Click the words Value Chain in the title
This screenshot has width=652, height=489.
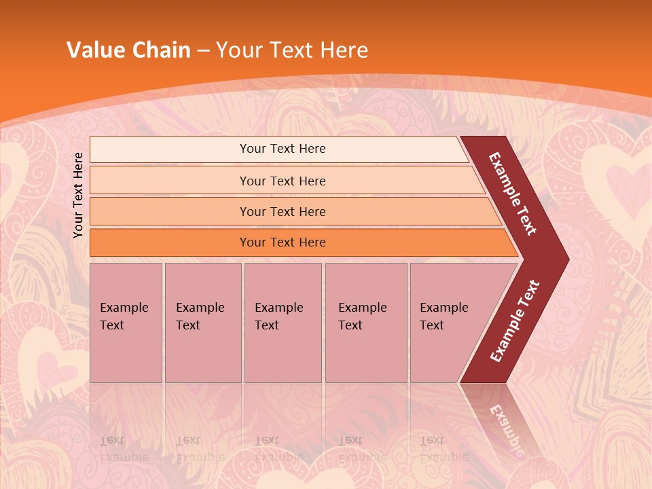(x=128, y=50)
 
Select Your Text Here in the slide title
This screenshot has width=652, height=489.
(x=292, y=50)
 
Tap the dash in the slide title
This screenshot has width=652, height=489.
(x=203, y=50)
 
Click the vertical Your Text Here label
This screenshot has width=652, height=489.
(x=79, y=196)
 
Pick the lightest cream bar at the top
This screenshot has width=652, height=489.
(x=278, y=149)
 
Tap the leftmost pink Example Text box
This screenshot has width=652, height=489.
(x=126, y=322)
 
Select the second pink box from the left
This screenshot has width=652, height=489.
(x=202, y=322)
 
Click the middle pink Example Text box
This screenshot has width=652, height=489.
(x=283, y=322)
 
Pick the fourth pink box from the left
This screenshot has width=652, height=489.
(x=365, y=322)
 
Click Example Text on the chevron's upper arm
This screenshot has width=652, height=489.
(x=513, y=194)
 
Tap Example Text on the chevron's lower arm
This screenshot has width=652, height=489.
(x=515, y=321)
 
